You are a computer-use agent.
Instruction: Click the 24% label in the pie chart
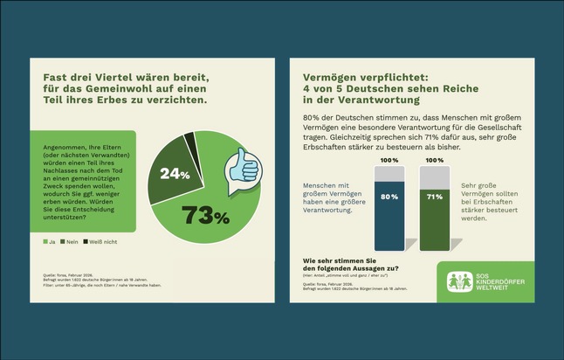175,174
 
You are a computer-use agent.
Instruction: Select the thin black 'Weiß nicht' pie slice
189,138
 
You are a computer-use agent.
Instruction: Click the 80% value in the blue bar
389,197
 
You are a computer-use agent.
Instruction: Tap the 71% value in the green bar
434,197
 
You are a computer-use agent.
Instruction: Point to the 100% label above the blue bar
389,161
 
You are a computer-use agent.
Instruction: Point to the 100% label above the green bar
434,161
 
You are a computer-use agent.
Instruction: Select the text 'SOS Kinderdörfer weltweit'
501,282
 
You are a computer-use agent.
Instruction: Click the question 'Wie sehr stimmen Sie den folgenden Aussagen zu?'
350,263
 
